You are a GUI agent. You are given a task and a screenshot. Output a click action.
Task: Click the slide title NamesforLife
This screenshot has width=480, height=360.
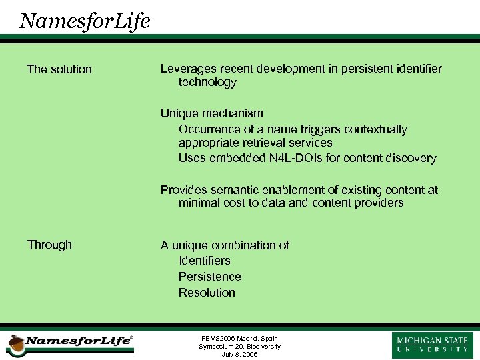85,21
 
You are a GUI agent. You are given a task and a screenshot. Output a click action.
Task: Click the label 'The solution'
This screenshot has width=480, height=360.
59,69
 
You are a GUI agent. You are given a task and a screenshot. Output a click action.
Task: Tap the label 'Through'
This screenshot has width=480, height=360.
49,245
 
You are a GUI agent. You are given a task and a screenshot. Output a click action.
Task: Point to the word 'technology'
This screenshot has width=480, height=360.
207,83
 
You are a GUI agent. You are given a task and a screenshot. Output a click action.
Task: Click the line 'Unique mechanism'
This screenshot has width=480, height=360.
211,113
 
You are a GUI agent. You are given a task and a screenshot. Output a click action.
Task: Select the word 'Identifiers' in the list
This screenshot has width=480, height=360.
204,261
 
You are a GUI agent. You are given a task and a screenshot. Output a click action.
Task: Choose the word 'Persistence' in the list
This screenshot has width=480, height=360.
209,277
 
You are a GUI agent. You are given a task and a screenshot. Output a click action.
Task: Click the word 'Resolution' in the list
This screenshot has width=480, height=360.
207,293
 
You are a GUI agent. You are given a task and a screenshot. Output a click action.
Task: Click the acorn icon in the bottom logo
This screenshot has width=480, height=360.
15,345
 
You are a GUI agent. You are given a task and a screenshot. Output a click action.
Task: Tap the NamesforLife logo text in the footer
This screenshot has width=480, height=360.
78,341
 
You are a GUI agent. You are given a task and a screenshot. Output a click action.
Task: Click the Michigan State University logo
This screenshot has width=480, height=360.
433,344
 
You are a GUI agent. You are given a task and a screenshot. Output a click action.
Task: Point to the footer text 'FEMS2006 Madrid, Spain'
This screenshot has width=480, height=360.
239,339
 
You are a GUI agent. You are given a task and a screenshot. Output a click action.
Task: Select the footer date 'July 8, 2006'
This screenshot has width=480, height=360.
239,354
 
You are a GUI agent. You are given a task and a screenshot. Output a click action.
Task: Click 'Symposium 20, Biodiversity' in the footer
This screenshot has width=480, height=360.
239,347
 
